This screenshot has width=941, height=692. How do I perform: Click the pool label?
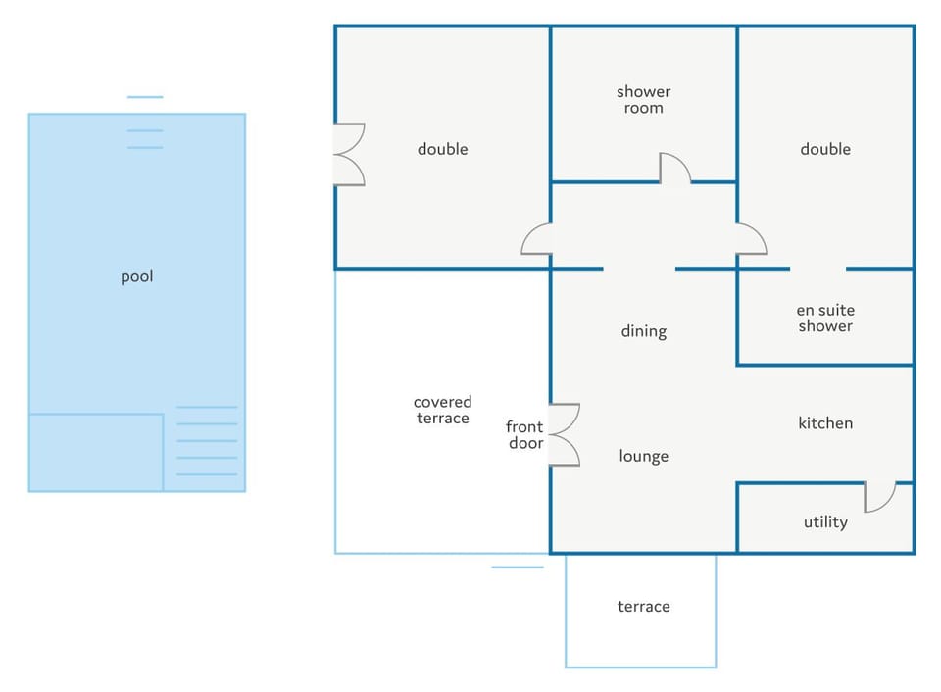137,277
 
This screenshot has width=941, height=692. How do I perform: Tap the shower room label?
643,100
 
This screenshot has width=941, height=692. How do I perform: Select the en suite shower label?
825,319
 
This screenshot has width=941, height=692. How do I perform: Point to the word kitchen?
825,423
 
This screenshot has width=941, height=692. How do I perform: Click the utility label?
825,522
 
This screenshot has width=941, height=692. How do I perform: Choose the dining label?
643,331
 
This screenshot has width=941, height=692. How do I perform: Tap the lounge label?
643,456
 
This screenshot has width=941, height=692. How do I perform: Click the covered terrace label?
442,410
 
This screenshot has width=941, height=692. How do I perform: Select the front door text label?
525,435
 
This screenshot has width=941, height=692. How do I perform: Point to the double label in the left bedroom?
443,149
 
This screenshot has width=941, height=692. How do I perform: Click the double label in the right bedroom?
825,149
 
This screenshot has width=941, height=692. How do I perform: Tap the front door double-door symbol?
565,434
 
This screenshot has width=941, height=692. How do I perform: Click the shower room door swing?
675,168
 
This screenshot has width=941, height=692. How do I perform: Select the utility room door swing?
880,496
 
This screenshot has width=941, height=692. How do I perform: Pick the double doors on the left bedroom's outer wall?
349,154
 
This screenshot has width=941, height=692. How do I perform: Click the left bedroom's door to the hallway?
536,239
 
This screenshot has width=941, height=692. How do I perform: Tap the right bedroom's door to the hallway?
752,239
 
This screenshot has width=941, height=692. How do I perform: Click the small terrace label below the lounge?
643,606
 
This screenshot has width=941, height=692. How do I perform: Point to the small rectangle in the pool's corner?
96,453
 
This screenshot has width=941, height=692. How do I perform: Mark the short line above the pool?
145,97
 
